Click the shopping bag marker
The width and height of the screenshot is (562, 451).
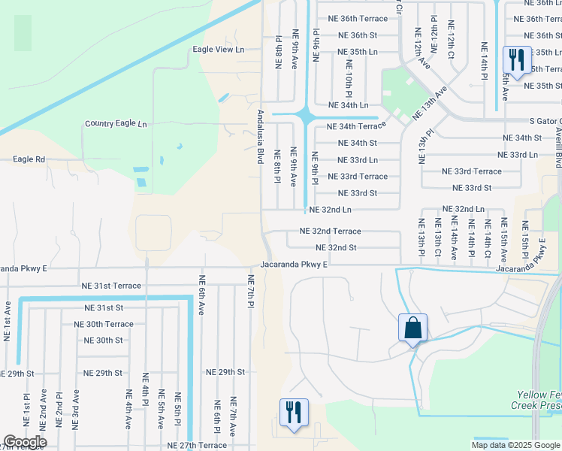click(x=412, y=328)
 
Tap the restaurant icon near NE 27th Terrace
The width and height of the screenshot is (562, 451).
click(x=292, y=412)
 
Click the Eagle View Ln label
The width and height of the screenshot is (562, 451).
click(x=219, y=50)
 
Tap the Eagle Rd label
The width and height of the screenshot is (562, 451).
click(x=29, y=159)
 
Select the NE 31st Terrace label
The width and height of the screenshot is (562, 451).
click(x=111, y=286)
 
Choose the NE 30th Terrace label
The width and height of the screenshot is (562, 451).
click(x=103, y=324)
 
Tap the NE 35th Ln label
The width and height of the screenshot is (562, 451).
click(x=357, y=52)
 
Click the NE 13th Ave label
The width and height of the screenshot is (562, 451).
click(x=429, y=103)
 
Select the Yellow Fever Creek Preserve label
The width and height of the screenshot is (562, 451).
click(x=539, y=399)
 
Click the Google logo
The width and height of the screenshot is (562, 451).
click(x=24, y=442)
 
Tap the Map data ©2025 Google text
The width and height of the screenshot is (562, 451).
click(x=515, y=445)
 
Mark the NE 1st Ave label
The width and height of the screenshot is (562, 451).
click(x=8, y=322)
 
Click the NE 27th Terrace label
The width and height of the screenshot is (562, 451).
click(x=197, y=446)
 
